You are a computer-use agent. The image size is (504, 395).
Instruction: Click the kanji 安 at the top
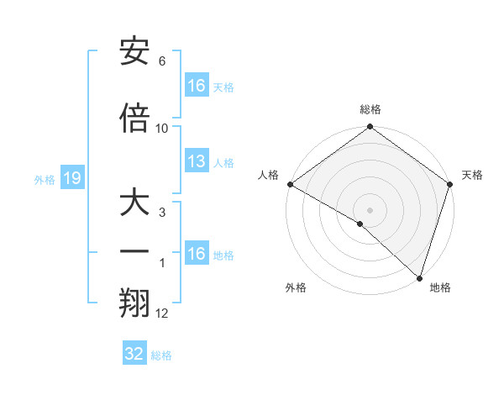134,51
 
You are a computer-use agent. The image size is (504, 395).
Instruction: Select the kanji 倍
134,118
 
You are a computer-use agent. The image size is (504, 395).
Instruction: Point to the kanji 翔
134,303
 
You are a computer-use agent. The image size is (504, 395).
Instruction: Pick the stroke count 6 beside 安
162,61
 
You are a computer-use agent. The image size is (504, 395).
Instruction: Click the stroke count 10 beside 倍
162,129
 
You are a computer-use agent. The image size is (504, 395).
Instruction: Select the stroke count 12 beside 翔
162,313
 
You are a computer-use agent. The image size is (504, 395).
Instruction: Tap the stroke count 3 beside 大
162,213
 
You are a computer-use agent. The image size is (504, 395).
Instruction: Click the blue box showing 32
134,354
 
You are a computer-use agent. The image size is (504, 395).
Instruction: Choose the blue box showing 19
71,178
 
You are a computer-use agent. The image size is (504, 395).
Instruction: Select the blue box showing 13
197,161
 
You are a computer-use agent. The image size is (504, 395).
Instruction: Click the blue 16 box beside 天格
197,86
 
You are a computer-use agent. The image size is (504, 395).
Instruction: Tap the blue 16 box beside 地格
197,254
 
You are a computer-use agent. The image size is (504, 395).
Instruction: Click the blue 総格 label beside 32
161,355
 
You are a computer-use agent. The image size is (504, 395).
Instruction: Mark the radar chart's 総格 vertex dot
370,128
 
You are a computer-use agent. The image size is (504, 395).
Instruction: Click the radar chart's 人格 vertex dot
290,184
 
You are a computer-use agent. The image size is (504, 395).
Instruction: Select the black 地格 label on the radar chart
440,287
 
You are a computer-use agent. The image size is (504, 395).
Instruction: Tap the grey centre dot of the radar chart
370,209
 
